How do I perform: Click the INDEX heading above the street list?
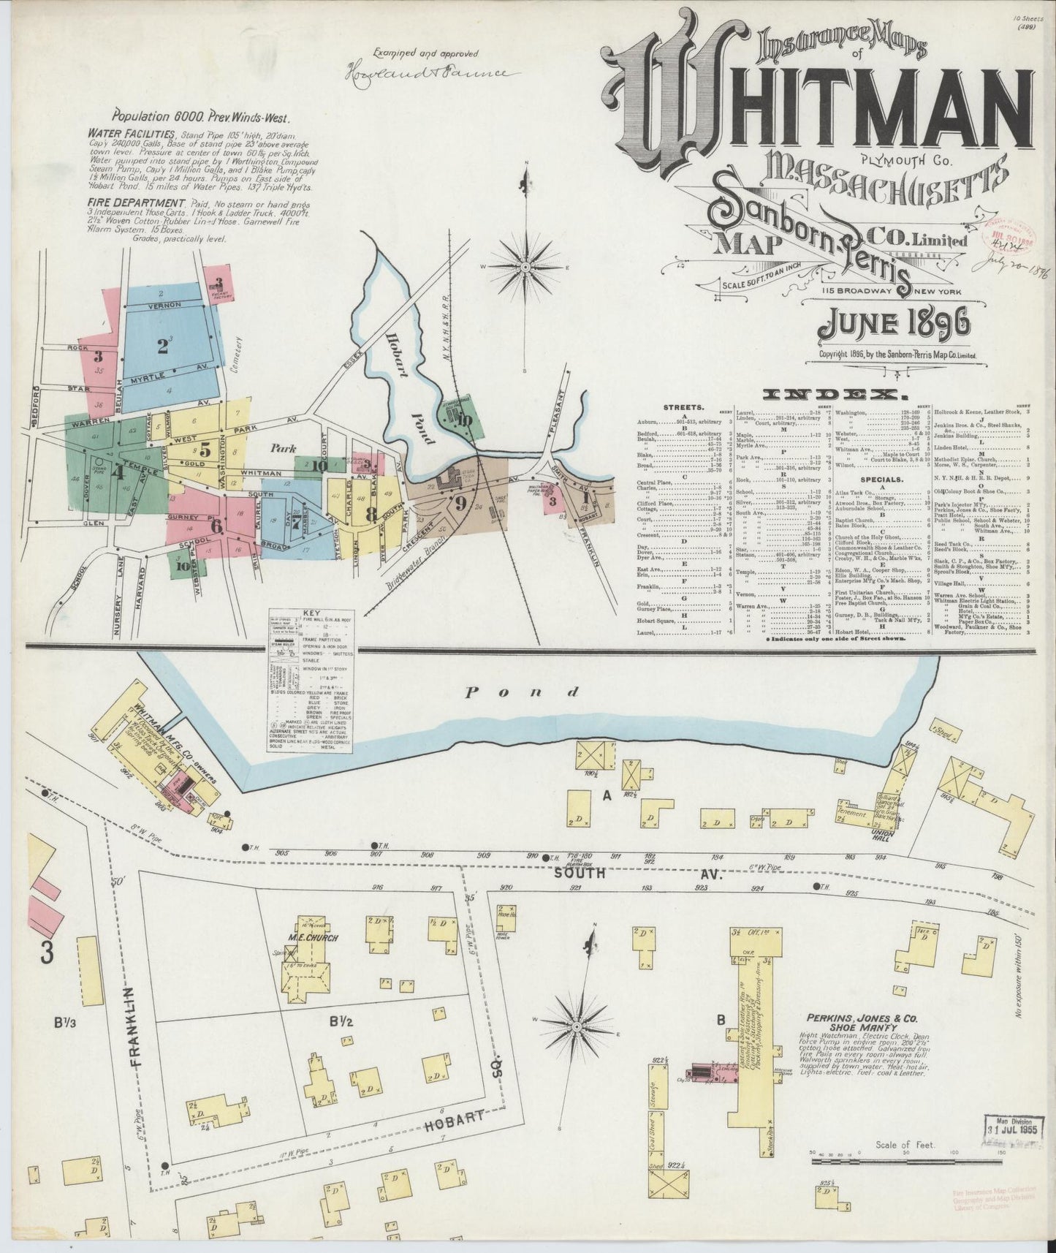(x=832, y=395)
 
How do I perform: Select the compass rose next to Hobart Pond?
(x=525, y=268)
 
